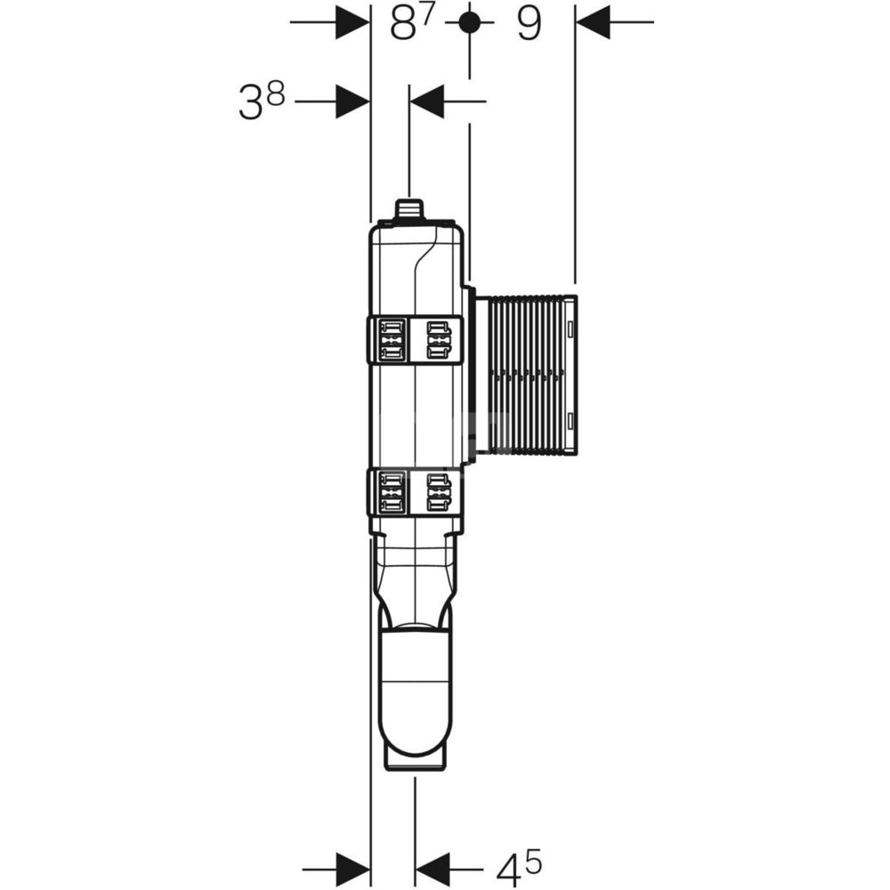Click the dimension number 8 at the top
coord(403,24)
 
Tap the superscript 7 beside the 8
coord(427,16)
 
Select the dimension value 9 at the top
coord(529,24)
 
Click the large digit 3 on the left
coord(250,102)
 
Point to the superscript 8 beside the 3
coord(275,94)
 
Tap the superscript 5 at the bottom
coord(533,860)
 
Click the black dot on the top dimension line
coord(469,22)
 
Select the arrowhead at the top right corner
coord(593,22)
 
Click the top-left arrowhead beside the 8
coord(353,22)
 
